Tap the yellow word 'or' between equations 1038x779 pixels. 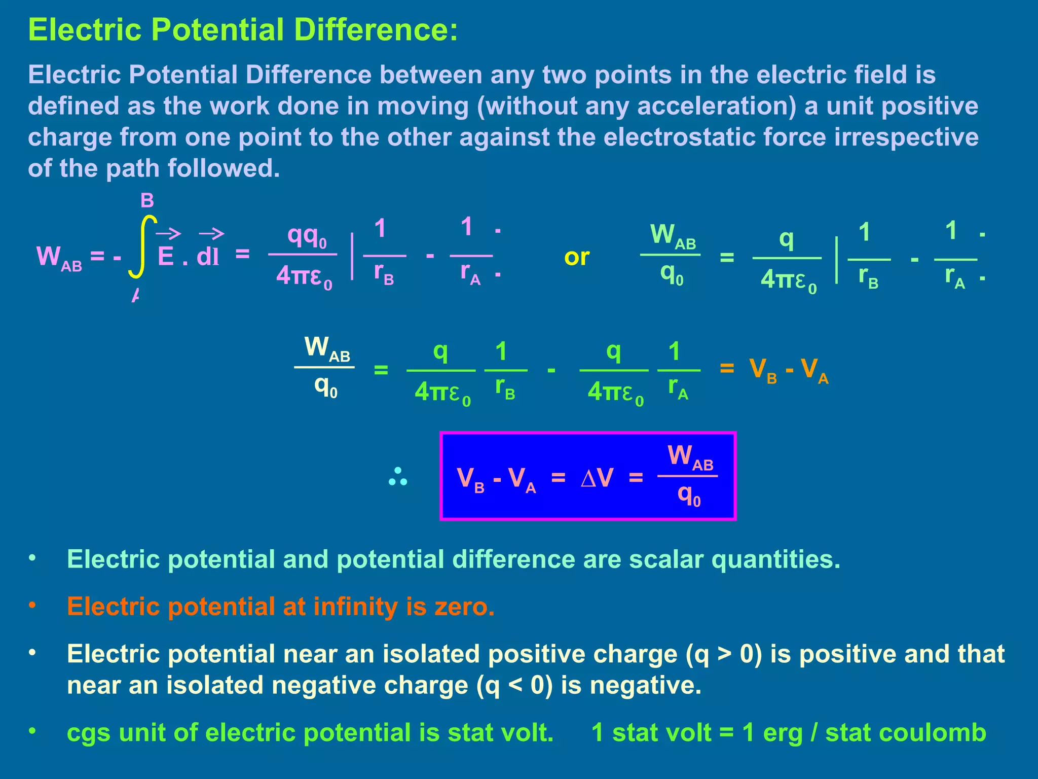(x=576, y=257)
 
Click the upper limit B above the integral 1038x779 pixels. (x=147, y=201)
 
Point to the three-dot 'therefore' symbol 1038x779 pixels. (x=398, y=477)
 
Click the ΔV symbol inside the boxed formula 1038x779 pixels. (x=597, y=477)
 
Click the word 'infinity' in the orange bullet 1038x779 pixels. (x=355, y=607)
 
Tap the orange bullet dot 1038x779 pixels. (x=32, y=605)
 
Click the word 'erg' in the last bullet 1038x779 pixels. (x=783, y=733)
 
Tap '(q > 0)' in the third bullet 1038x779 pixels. (x=724, y=654)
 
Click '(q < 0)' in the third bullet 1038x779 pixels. (x=514, y=686)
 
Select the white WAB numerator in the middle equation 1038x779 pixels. (x=327, y=349)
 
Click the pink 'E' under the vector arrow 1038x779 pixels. (x=166, y=257)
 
